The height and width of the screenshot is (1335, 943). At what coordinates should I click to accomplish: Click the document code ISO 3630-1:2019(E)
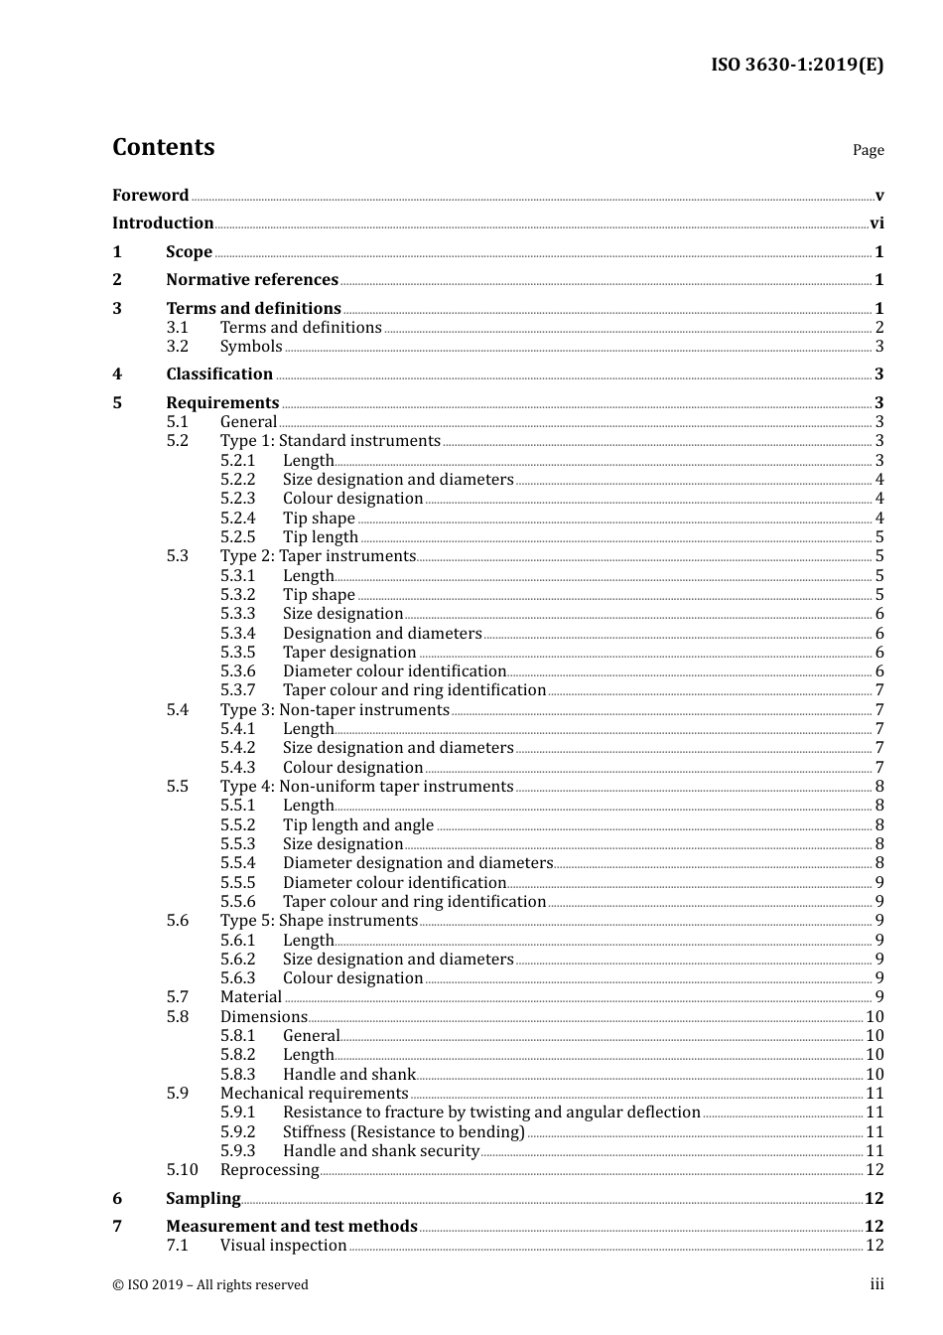pyautogui.click(x=796, y=66)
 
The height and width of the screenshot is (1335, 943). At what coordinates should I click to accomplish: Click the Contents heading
pyautogui.click(x=164, y=147)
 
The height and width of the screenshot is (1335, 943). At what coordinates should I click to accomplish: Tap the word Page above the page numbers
pyautogui.click(x=868, y=150)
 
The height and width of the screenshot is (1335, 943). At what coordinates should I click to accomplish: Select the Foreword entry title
pyautogui.click(x=150, y=196)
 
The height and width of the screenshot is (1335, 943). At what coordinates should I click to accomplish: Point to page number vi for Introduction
pyautogui.click(x=876, y=223)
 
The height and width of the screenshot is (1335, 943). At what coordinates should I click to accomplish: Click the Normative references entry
pyautogui.click(x=252, y=280)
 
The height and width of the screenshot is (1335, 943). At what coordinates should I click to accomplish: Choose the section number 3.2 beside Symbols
pyautogui.click(x=178, y=347)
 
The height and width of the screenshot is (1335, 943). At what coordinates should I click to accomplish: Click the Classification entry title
pyautogui.click(x=219, y=374)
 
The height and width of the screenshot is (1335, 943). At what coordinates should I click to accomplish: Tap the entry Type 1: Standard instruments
pyautogui.click(x=330, y=441)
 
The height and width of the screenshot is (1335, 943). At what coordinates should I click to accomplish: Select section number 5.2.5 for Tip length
pyautogui.click(x=238, y=537)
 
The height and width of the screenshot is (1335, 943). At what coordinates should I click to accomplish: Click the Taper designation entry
pyautogui.click(x=349, y=653)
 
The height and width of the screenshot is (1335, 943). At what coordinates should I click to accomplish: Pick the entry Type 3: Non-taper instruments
pyautogui.click(x=335, y=710)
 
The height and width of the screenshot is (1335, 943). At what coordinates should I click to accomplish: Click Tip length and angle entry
pyautogui.click(x=358, y=825)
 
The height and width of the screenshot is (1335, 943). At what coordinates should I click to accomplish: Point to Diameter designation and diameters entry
pyautogui.click(x=417, y=863)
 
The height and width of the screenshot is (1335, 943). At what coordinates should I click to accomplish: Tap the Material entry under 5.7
pyautogui.click(x=251, y=997)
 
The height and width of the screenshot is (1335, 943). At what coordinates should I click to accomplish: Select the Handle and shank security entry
pyautogui.click(x=381, y=1151)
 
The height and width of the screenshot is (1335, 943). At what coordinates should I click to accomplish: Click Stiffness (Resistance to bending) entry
pyautogui.click(x=404, y=1132)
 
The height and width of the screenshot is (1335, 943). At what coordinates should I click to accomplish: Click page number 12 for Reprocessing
pyautogui.click(x=875, y=1170)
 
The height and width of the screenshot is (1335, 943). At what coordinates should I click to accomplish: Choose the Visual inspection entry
pyautogui.click(x=284, y=1246)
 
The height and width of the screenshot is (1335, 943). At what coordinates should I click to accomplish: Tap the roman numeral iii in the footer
pyautogui.click(x=876, y=1284)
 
